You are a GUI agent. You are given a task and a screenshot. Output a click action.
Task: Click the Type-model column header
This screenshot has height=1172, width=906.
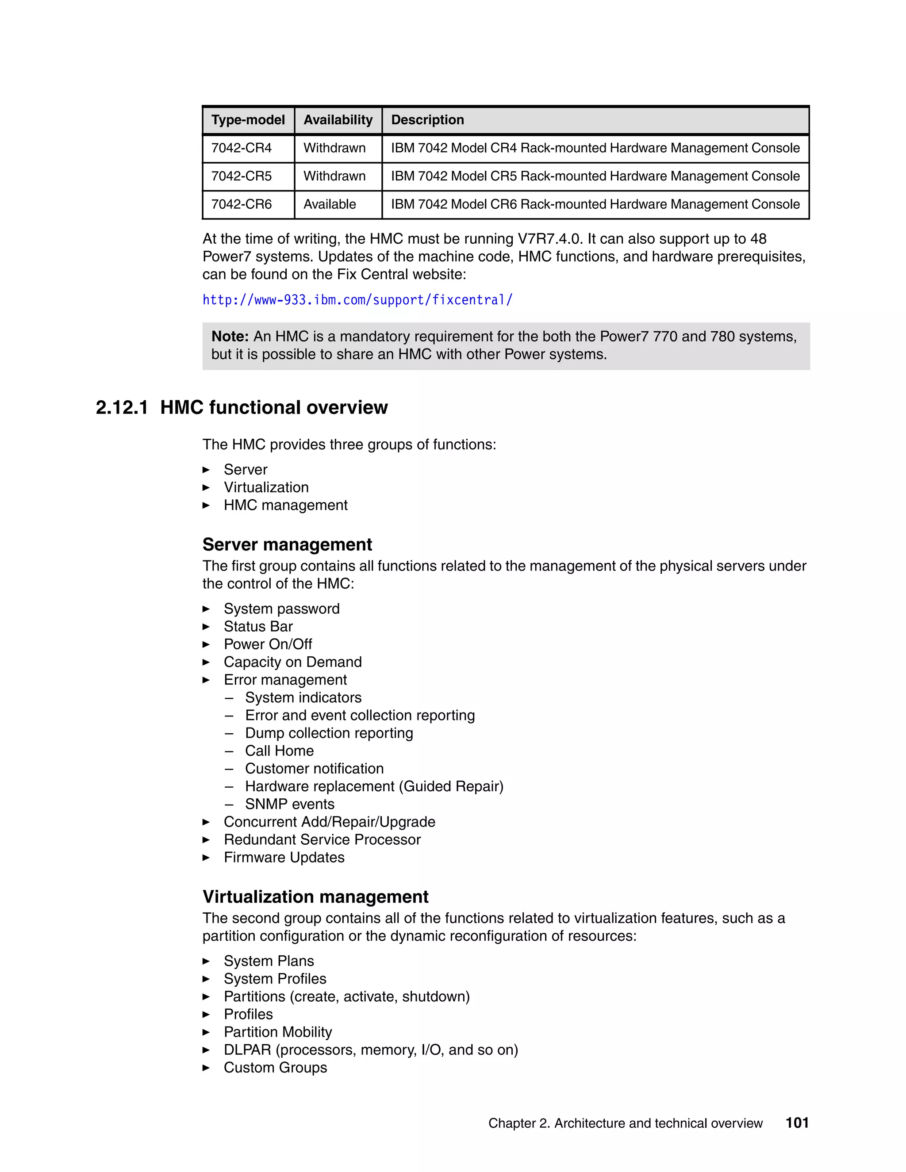248,120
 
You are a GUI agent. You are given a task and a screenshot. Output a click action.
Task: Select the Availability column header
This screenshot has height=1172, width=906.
338,120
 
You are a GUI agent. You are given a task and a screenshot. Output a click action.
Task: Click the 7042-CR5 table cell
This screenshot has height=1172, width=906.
242,176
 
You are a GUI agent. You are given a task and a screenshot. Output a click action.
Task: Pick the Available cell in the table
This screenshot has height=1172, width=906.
330,204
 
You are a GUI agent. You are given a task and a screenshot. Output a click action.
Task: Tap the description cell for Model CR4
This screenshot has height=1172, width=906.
595,148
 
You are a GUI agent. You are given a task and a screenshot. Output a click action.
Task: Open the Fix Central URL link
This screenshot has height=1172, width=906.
357,300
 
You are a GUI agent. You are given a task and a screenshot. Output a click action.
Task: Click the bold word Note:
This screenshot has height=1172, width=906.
230,337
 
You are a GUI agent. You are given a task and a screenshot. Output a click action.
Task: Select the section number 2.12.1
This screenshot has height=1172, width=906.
122,408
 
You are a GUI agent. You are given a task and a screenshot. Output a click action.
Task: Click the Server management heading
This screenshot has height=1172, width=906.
287,545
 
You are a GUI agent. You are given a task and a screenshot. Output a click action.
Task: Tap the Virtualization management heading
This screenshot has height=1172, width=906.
315,897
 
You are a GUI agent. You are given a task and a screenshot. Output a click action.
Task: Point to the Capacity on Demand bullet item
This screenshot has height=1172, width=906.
292,662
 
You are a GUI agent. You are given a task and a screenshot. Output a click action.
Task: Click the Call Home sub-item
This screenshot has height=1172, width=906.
279,751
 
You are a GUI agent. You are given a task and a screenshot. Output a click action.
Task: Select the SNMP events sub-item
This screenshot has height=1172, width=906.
289,804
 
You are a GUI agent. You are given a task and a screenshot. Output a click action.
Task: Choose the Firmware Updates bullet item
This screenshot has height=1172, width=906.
284,858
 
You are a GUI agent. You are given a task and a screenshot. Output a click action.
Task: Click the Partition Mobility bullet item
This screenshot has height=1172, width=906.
277,1032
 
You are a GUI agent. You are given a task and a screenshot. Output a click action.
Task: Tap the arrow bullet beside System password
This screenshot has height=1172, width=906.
206,609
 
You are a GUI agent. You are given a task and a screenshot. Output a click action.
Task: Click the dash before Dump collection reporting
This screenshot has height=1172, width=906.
229,734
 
